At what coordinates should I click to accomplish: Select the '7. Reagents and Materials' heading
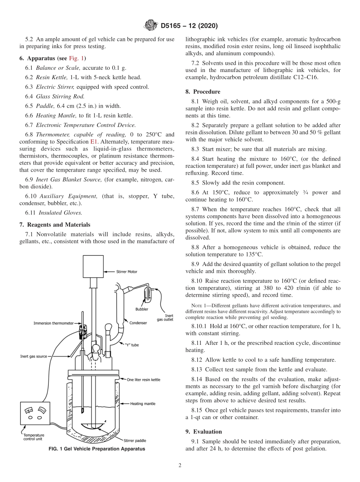pos(55,225)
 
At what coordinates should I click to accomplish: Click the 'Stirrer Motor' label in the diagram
pos(127,271)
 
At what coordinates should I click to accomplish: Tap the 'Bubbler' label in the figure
pos(142,309)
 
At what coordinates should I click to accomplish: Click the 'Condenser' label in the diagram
pos(138,323)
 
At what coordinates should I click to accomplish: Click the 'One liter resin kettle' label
pos(143,379)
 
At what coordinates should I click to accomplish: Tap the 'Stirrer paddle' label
pos(135,440)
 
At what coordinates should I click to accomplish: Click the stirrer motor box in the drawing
pos(93,266)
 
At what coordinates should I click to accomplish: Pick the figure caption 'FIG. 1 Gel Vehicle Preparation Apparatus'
pos(97,449)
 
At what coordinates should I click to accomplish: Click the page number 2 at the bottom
pos(180,466)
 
